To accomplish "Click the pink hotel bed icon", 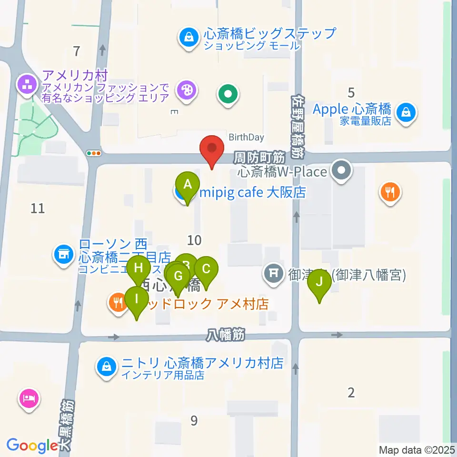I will (30, 397).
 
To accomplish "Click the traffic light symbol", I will (94, 153).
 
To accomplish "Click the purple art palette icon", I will (186, 90).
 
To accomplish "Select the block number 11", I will (38, 208).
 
